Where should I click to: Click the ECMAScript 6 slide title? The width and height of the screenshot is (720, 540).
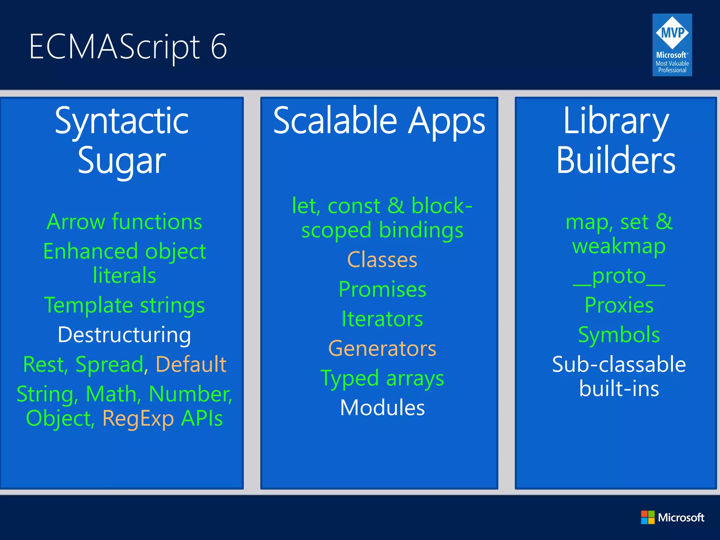click(x=128, y=47)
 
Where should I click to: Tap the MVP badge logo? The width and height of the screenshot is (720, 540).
click(x=672, y=45)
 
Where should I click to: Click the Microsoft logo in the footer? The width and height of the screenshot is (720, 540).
click(x=672, y=517)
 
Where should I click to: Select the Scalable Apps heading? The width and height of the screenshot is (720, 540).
click(x=379, y=121)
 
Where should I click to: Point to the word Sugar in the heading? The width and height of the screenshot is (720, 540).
click(x=122, y=161)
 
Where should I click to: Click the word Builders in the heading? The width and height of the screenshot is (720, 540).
click(x=616, y=161)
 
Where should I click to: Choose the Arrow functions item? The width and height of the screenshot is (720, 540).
click(x=124, y=222)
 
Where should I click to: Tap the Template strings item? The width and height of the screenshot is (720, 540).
click(x=124, y=305)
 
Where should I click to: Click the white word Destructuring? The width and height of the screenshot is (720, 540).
click(x=124, y=335)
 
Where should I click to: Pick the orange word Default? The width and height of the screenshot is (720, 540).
click(x=191, y=364)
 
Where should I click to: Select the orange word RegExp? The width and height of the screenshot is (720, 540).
click(x=138, y=418)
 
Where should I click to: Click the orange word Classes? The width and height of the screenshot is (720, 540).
click(x=382, y=260)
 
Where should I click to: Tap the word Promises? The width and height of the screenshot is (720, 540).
click(x=382, y=289)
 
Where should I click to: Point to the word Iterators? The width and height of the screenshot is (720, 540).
click(x=382, y=319)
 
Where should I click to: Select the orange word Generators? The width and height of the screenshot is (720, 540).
click(x=382, y=349)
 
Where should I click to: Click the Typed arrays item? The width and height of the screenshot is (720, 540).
click(x=382, y=379)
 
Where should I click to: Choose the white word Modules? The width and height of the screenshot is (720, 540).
click(x=382, y=408)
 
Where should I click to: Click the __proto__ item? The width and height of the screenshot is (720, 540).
click(x=619, y=276)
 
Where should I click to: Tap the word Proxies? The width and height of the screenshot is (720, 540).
click(x=619, y=305)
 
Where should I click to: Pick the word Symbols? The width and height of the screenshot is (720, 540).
click(x=619, y=335)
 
